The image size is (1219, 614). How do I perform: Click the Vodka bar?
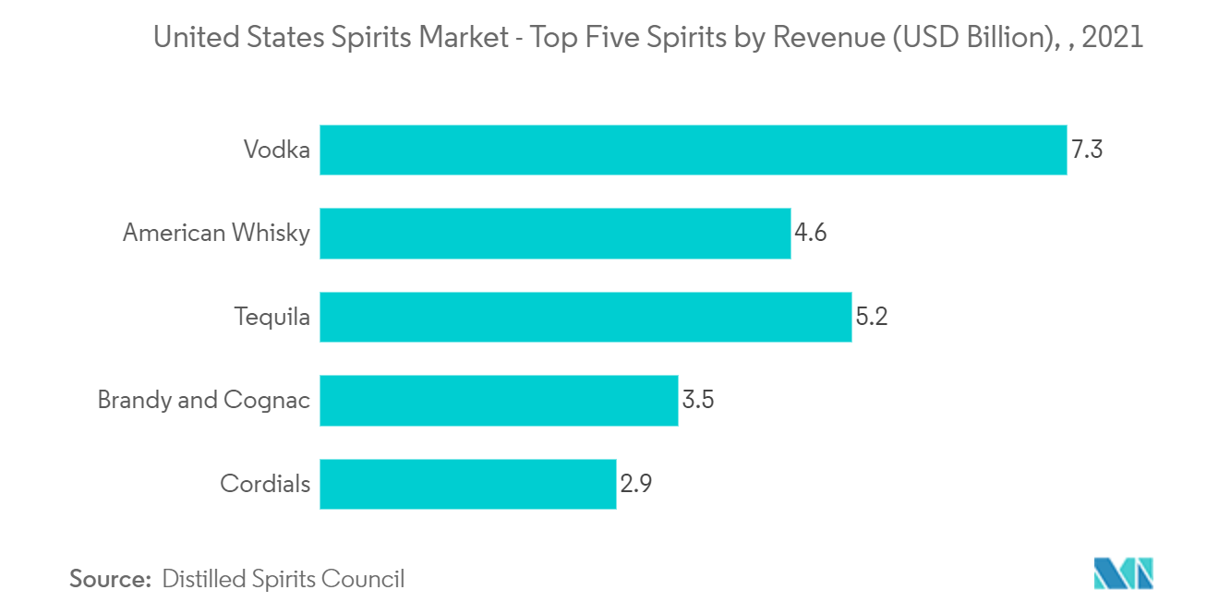coord(693,150)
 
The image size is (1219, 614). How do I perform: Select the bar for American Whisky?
coord(555,233)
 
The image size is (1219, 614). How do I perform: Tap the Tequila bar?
coord(585,317)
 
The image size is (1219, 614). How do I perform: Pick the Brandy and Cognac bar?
coord(499,400)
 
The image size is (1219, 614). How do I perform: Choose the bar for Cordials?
coord(467,484)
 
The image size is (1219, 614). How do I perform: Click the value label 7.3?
coord(1087,150)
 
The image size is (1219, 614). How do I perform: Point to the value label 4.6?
coord(810,233)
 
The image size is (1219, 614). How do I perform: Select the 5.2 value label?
coord(871,317)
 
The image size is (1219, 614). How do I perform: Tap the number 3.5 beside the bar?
coord(698,400)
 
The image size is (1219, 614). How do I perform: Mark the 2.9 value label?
coord(636,484)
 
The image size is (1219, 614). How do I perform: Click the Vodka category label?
coord(277,150)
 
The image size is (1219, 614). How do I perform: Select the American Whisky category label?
coord(216,233)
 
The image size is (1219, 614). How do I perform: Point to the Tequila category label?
coord(272,317)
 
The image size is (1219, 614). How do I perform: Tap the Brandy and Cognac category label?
coord(204,400)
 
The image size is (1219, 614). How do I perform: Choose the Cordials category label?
coord(265,484)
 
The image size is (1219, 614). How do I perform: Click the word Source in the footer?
coord(110,579)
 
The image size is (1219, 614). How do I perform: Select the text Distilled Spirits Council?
coord(283,579)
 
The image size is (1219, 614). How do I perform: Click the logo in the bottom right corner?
coord(1123,574)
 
